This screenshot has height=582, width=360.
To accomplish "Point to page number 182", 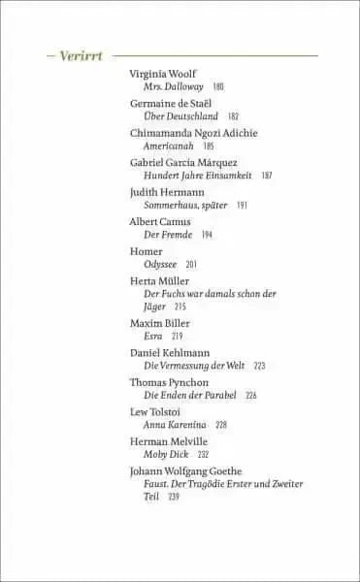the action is pyautogui.click(x=233, y=116).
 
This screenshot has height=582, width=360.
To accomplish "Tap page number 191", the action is pyautogui.click(x=242, y=206).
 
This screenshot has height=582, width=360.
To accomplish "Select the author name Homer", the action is pyautogui.click(x=146, y=251).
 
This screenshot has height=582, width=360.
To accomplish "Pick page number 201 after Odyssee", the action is pyautogui.click(x=191, y=265).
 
